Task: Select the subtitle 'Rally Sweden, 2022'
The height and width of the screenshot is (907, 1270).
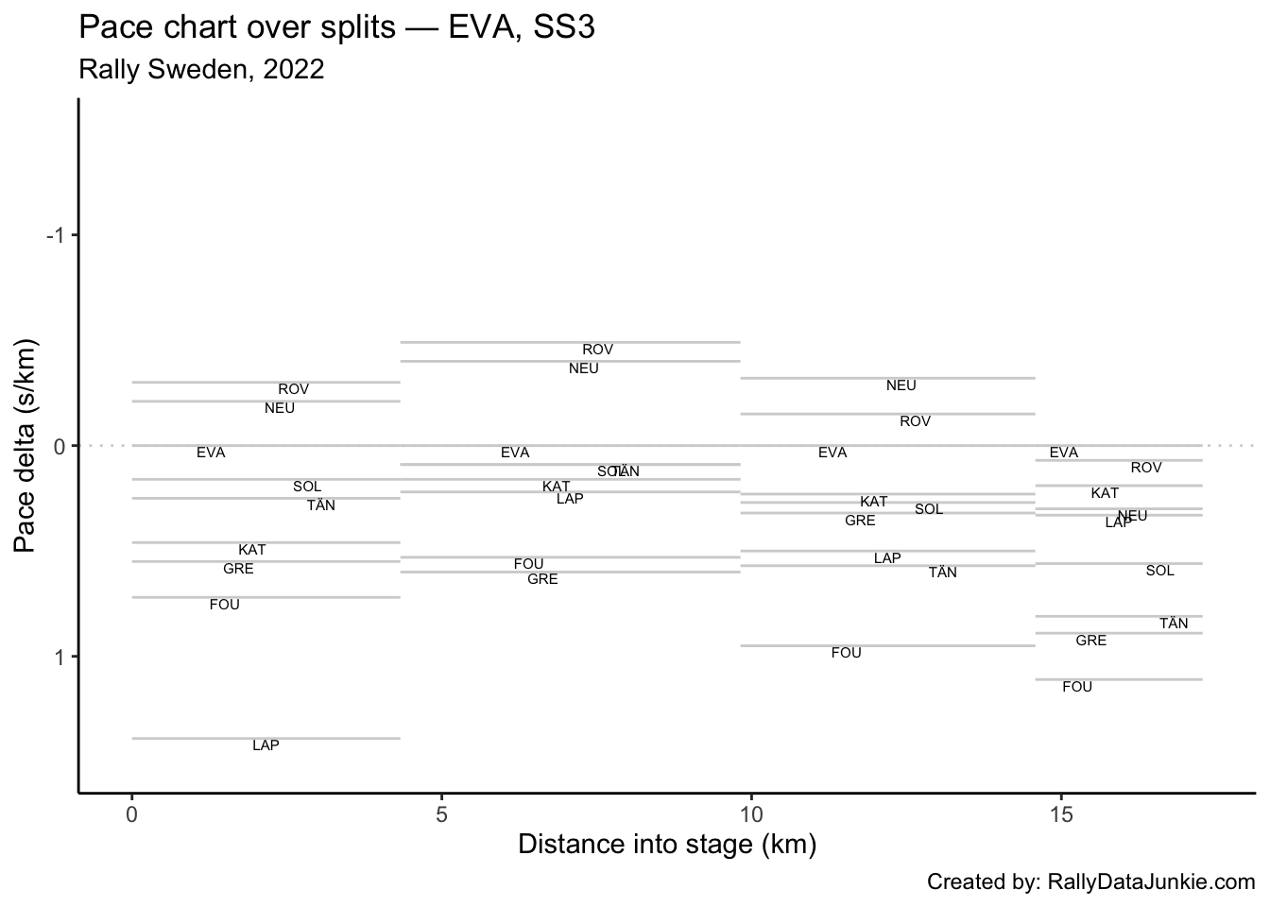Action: click(x=202, y=70)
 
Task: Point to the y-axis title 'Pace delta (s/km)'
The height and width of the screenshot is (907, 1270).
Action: click(x=26, y=445)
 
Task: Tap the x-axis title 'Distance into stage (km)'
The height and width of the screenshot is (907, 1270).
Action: click(x=667, y=844)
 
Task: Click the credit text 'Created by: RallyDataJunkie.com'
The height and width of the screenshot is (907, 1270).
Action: click(x=1090, y=882)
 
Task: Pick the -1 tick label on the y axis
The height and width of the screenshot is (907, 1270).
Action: click(x=57, y=235)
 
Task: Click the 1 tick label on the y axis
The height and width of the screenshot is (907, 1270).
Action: click(x=61, y=657)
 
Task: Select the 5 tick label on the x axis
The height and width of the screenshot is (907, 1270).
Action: click(x=441, y=814)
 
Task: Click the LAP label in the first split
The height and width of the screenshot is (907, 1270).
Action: click(x=266, y=745)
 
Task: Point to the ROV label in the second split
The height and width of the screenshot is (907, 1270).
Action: click(x=597, y=350)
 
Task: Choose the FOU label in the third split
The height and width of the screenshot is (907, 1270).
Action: click(x=846, y=653)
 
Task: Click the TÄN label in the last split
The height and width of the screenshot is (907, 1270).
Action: click(x=1174, y=624)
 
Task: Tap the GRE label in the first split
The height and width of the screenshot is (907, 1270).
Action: click(x=238, y=569)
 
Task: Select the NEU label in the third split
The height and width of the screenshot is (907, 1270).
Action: click(x=901, y=385)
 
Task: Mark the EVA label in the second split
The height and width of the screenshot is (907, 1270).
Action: click(x=515, y=453)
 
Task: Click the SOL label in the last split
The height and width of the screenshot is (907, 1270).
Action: click(x=1159, y=571)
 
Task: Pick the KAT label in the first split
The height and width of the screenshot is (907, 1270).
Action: click(x=251, y=550)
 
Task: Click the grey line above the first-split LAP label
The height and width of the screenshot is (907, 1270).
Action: click(x=266, y=738)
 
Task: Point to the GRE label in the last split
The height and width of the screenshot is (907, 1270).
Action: click(x=1090, y=641)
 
